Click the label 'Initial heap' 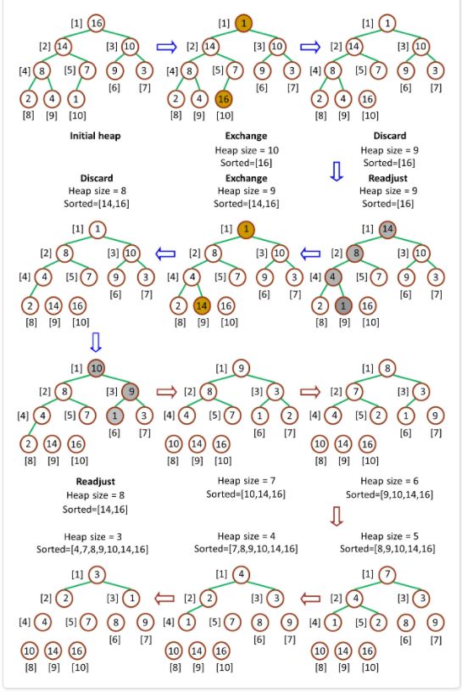pos(95,136)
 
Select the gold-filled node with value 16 pos(224,99)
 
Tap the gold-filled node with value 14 pos(202,305)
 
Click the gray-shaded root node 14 pos(387,229)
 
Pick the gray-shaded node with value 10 pos(96,368)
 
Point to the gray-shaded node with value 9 pos(131,392)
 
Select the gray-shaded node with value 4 pos(333,277)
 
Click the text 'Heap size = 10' pos(247,150)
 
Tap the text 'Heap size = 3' pos(92,537)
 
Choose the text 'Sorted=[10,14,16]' pos(246,494)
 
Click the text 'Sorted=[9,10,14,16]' pos(390,494)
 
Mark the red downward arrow pos(337,516)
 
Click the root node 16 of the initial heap pos(96,23)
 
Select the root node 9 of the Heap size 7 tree pos(241,368)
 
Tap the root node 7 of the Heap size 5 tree pos(387,575)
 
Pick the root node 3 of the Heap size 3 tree pos(97,575)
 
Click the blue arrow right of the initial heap pos(166,47)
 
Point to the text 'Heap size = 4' pos(246,536)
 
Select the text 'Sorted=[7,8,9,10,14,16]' pos(246,549)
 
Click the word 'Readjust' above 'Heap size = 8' pos(95,482)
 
